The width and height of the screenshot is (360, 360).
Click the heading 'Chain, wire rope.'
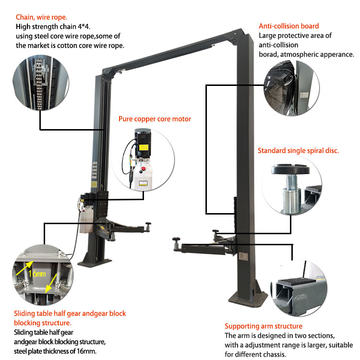click(x=42, y=17)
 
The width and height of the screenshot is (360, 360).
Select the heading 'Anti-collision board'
click(x=289, y=26)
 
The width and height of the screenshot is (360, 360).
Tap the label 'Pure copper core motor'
click(x=155, y=119)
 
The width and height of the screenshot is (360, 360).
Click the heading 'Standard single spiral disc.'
click(x=298, y=150)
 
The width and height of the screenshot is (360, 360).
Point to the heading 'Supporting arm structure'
click(x=264, y=326)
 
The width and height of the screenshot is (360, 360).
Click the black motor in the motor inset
click(x=144, y=144)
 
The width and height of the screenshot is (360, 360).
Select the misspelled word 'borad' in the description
click(x=269, y=54)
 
